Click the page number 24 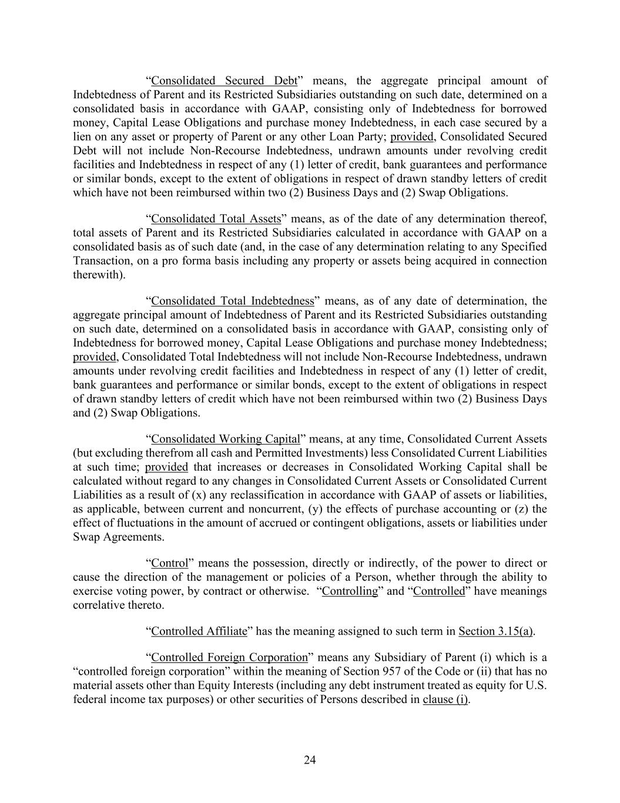tap(310, 760)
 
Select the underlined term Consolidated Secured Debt tap(224, 81)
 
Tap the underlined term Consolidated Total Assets tap(216, 219)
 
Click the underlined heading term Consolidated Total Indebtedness tap(233, 301)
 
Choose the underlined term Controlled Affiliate tap(199, 631)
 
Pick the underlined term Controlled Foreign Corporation tap(229, 657)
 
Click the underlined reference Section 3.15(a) tap(496, 631)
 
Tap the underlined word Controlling tap(350, 591)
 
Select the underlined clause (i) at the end tap(445, 699)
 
